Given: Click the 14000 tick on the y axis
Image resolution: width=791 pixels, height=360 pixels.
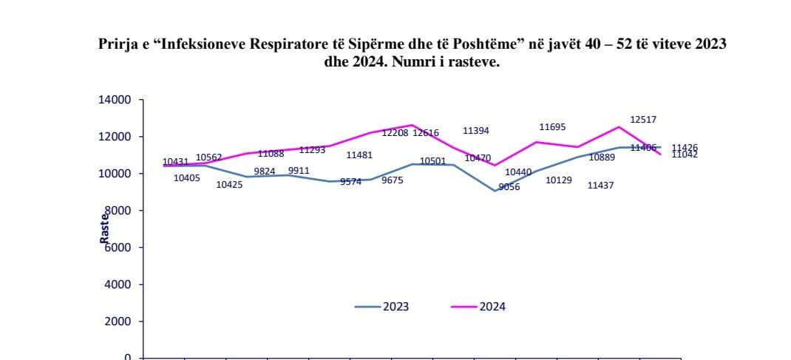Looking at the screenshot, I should (x=115, y=100).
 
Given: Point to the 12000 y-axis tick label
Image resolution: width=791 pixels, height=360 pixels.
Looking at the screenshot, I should (x=115, y=137).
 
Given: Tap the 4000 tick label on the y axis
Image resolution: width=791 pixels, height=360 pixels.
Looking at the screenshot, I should (x=118, y=285).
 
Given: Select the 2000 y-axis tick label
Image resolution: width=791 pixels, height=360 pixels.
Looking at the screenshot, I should (x=118, y=322).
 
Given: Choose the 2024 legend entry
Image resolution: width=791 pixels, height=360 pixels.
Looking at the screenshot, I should (x=478, y=306).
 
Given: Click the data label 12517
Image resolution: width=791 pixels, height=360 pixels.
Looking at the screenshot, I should (x=643, y=119).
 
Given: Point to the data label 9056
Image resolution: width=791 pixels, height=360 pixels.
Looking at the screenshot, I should (x=509, y=187).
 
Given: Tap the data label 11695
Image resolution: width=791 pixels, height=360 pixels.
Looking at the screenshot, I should (x=552, y=127).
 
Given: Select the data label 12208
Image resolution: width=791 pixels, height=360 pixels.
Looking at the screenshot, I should (x=395, y=133).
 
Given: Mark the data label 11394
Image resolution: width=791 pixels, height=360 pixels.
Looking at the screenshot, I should (x=476, y=131).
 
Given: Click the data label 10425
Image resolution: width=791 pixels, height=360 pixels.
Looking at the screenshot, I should (x=229, y=184).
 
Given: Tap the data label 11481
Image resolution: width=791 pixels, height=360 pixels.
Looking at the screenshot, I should (x=359, y=155).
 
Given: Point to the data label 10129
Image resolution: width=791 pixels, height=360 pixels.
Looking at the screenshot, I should (x=558, y=180).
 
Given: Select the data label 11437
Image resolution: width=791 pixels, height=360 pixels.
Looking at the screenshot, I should (x=600, y=186).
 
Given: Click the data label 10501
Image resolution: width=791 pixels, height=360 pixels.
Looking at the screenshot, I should (x=432, y=161).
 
